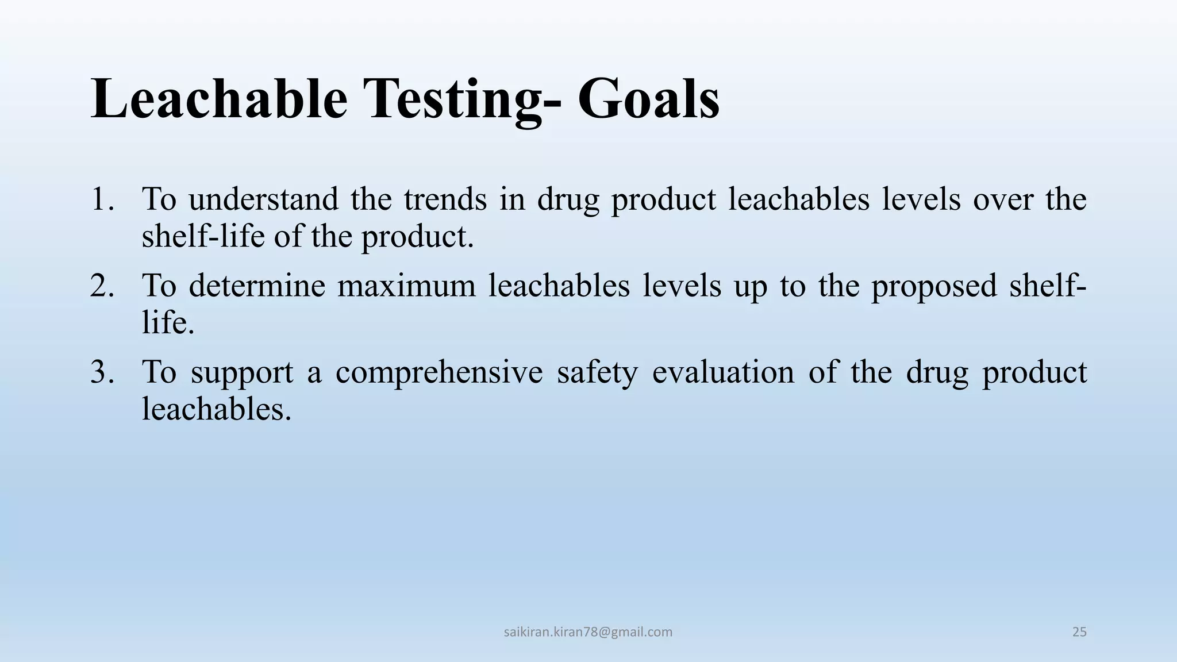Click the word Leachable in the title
(219, 99)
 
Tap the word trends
(445, 199)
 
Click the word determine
(257, 286)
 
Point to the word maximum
(406, 286)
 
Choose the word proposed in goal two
(934, 286)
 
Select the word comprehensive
(439, 372)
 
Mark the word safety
(597, 372)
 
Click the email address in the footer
(588, 632)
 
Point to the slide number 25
(1079, 632)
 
